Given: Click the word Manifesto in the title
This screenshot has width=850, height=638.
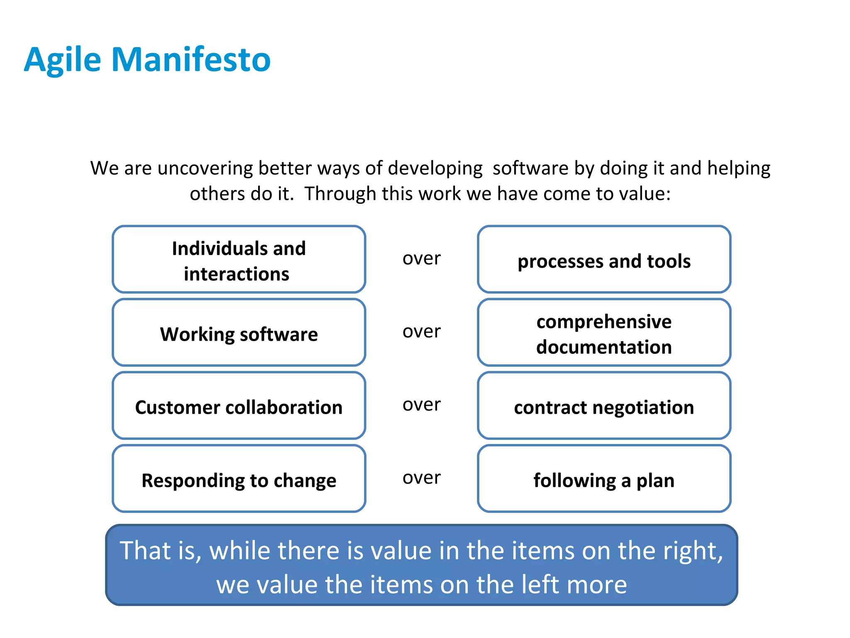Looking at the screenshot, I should click(191, 60).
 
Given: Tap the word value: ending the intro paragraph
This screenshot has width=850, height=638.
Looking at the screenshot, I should click(648, 194).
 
